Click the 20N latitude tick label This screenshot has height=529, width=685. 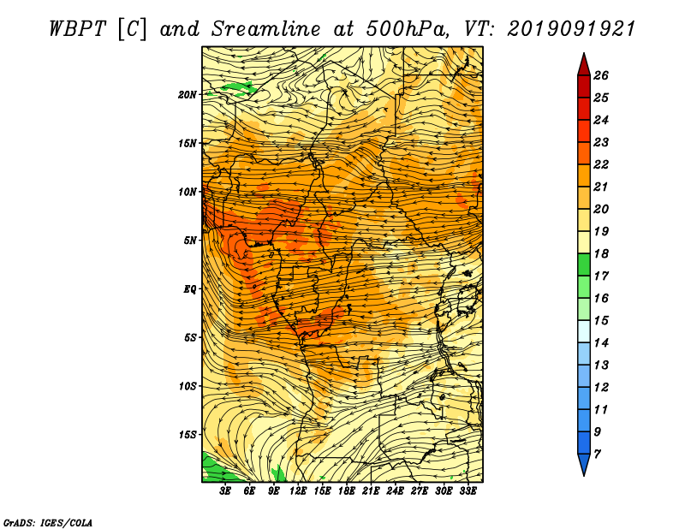click(x=187, y=94)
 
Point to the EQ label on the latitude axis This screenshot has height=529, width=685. click(x=189, y=288)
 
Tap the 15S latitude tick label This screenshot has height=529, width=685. click(x=187, y=435)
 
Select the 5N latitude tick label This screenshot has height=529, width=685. click(x=189, y=241)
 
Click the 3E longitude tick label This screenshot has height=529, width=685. click(x=224, y=490)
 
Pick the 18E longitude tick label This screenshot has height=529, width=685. click(x=346, y=490)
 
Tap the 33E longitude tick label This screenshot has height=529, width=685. click(x=468, y=490)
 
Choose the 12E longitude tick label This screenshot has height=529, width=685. click(x=297, y=490)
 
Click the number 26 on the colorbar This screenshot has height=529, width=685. click(x=601, y=75)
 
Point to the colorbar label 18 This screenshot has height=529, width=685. click(x=601, y=253)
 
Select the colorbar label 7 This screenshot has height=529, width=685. click(x=597, y=455)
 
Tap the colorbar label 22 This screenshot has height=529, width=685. click(x=601, y=164)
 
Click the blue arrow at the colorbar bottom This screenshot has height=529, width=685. click(x=584, y=463)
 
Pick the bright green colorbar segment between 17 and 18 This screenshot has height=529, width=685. click(x=584, y=264)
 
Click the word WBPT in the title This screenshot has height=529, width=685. click(x=77, y=29)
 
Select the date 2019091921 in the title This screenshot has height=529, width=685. click(x=571, y=29)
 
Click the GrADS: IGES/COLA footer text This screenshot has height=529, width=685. click(x=48, y=522)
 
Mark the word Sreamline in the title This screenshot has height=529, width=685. click(x=266, y=29)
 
